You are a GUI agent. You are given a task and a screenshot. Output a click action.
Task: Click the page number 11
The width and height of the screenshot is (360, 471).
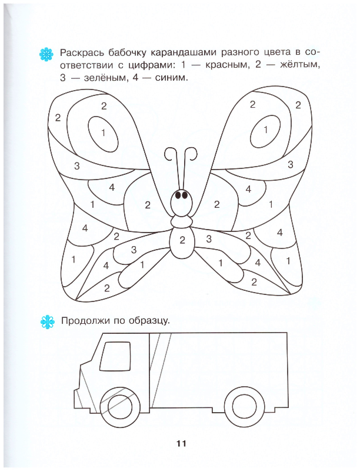click(x=182, y=443)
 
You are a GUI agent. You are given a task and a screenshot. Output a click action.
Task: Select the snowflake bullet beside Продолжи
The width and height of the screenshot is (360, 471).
click(x=48, y=321)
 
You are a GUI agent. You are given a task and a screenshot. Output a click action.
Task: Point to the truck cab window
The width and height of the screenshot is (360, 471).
click(x=115, y=356)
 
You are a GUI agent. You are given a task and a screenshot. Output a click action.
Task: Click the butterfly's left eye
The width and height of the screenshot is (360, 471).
click(x=178, y=195)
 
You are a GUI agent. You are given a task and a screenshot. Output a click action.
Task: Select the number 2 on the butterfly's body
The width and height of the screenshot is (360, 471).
click(x=182, y=240)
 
